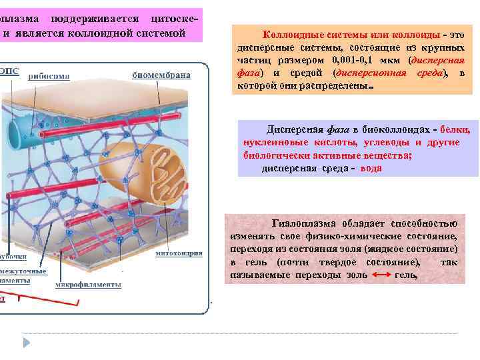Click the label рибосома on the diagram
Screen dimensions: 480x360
49,76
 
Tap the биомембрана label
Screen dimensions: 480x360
161,75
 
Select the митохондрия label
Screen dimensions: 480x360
176,254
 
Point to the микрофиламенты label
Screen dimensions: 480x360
88,285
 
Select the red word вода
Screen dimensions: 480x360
371,169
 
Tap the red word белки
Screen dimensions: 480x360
455,129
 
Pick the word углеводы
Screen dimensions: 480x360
387,142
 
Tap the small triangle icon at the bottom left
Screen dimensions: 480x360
27,342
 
